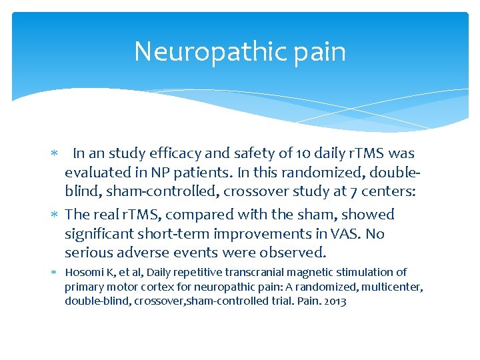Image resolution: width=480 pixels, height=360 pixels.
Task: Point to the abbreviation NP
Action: [x=161, y=172]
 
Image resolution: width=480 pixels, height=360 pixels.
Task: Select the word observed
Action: [x=296, y=253]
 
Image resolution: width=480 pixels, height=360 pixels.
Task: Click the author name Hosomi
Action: [x=85, y=272]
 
